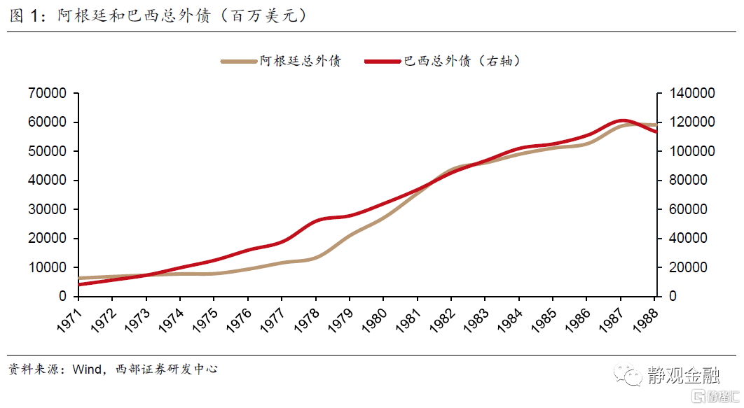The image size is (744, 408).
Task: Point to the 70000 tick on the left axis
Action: tap(48, 93)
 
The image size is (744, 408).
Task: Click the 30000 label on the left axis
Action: tap(48, 209)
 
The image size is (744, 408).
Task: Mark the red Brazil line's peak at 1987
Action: tap(622, 120)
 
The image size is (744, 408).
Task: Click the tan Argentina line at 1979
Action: tap(350, 235)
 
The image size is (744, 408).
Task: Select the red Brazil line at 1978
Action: tap(316, 221)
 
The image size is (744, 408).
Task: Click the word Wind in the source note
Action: tap(87, 369)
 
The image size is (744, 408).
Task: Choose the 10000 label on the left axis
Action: tap(48, 267)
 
